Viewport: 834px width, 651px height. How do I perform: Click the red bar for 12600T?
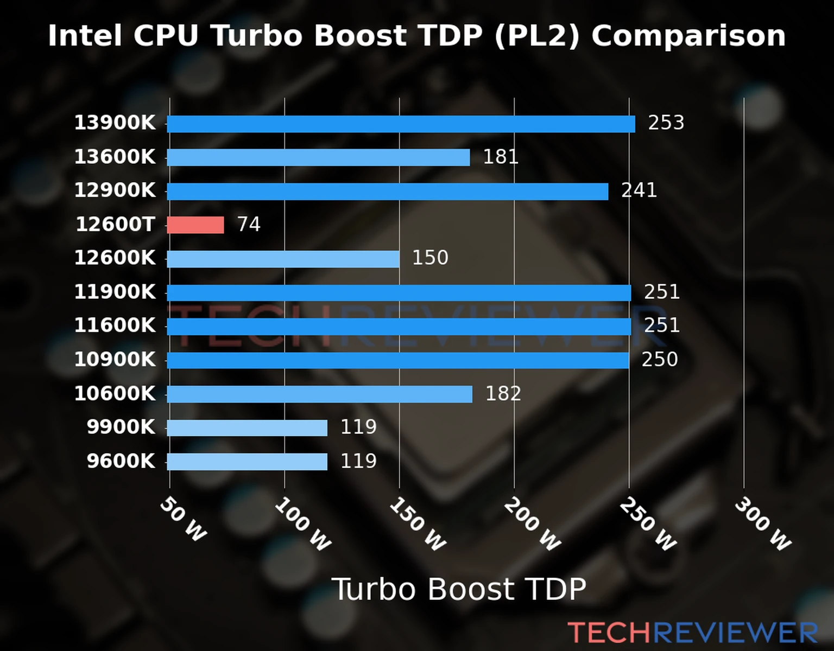tap(195, 225)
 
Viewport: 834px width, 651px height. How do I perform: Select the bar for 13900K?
tap(401, 124)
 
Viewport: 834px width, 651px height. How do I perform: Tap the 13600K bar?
tap(318, 157)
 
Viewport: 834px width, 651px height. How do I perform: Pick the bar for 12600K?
tap(283, 259)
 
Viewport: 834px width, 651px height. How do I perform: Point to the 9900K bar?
tap(247, 427)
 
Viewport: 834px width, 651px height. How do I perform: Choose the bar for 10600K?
tap(319, 394)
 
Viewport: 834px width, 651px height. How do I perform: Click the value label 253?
tap(666, 123)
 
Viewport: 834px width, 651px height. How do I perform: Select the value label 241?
tap(639, 190)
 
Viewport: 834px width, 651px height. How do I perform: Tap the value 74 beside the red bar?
tap(249, 224)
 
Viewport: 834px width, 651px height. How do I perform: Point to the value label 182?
tap(503, 393)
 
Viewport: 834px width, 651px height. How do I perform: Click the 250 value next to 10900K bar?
tap(660, 359)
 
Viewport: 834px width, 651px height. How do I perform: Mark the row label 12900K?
tap(115, 190)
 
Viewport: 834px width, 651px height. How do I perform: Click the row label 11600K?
tap(115, 325)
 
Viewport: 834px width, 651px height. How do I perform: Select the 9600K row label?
tap(121, 461)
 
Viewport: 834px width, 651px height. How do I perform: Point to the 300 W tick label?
tap(762, 524)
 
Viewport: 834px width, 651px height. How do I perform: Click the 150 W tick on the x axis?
tap(417, 524)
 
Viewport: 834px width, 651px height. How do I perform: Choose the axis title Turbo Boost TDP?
tap(459, 589)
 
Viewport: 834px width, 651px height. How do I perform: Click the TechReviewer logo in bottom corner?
tap(692, 633)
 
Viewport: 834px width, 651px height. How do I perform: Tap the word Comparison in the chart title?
tap(688, 36)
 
